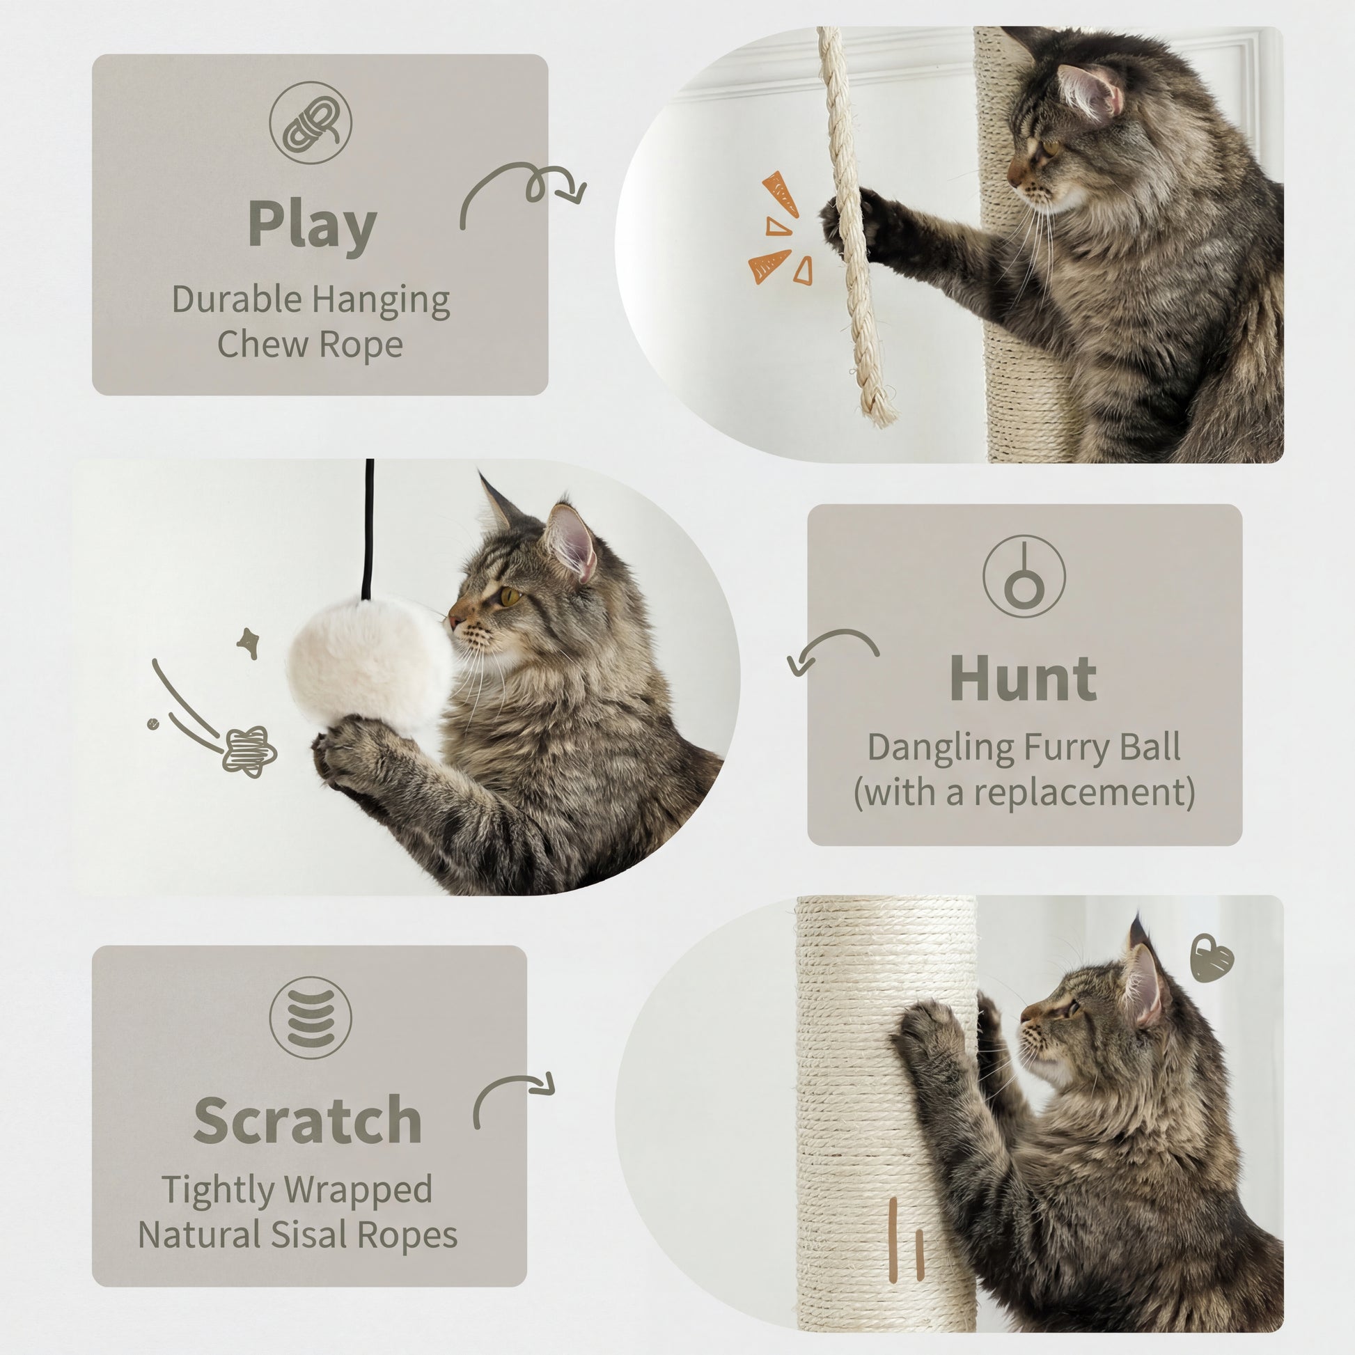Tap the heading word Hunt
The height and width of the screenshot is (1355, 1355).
click(1024, 679)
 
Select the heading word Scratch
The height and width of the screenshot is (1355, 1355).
click(307, 1120)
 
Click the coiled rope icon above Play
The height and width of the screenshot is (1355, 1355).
click(311, 122)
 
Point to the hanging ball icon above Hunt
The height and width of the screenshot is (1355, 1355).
click(1024, 577)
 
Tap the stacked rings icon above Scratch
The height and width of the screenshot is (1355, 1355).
click(311, 1018)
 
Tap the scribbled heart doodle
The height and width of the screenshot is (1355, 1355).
click(1213, 958)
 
